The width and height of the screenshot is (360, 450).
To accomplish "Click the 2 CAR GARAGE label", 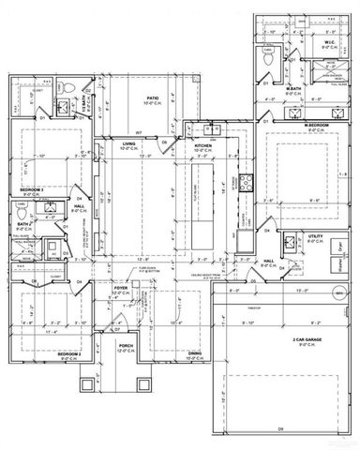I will (280, 339).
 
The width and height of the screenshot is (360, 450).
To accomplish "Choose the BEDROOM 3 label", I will (34, 189).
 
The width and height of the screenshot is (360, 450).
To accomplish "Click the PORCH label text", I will (124, 346).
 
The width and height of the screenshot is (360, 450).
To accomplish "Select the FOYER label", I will (124, 290).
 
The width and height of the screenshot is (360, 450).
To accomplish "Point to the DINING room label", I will (194, 353).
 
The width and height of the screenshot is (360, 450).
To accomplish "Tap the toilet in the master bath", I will (269, 58).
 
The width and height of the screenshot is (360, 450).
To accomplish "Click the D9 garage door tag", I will (280, 427).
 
